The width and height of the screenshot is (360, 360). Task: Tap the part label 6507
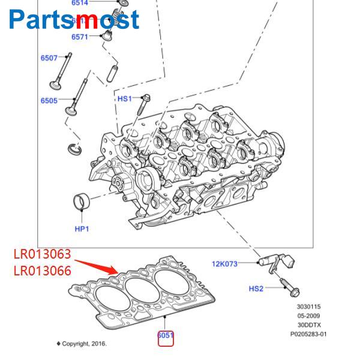tap(49, 58)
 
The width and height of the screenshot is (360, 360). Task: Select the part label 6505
tap(49, 101)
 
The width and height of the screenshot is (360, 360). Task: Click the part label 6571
tap(80, 37)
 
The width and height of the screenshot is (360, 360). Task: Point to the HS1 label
tap(124, 98)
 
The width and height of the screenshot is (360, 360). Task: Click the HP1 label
tap(82, 229)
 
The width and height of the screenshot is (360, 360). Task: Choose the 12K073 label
tap(224, 263)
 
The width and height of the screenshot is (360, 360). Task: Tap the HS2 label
tap(256, 289)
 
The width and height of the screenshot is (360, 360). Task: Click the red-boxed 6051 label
tap(166, 336)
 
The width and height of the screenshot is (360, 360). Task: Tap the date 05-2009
tap(309, 316)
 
